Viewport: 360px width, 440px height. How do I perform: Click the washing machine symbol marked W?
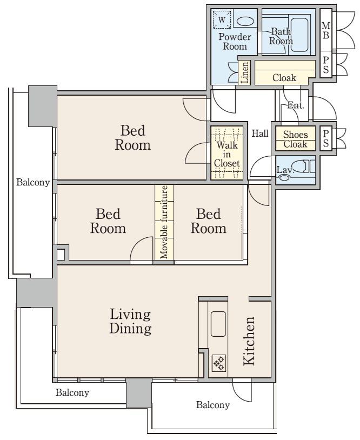222,19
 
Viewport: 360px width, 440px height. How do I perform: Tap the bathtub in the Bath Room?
299,35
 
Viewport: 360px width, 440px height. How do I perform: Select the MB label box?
325,30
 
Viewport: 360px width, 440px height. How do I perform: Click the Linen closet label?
245,72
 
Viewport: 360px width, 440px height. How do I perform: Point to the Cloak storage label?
284,78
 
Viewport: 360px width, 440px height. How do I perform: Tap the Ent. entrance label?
296,105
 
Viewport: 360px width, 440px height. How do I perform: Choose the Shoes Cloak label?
295,139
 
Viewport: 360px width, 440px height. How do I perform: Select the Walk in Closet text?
226,154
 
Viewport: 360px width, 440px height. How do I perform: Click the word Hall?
260,134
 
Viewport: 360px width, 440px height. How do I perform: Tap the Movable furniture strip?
164,222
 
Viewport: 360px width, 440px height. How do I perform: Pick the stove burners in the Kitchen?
218,363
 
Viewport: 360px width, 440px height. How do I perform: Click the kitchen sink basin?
218,324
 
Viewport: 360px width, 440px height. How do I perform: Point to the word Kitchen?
249,341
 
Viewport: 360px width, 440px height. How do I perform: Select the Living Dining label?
130,321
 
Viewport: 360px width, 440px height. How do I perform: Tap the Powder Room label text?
235,41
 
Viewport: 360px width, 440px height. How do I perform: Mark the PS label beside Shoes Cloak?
325,138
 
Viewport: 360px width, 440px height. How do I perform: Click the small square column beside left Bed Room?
61,255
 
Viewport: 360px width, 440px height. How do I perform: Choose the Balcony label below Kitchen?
212,405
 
